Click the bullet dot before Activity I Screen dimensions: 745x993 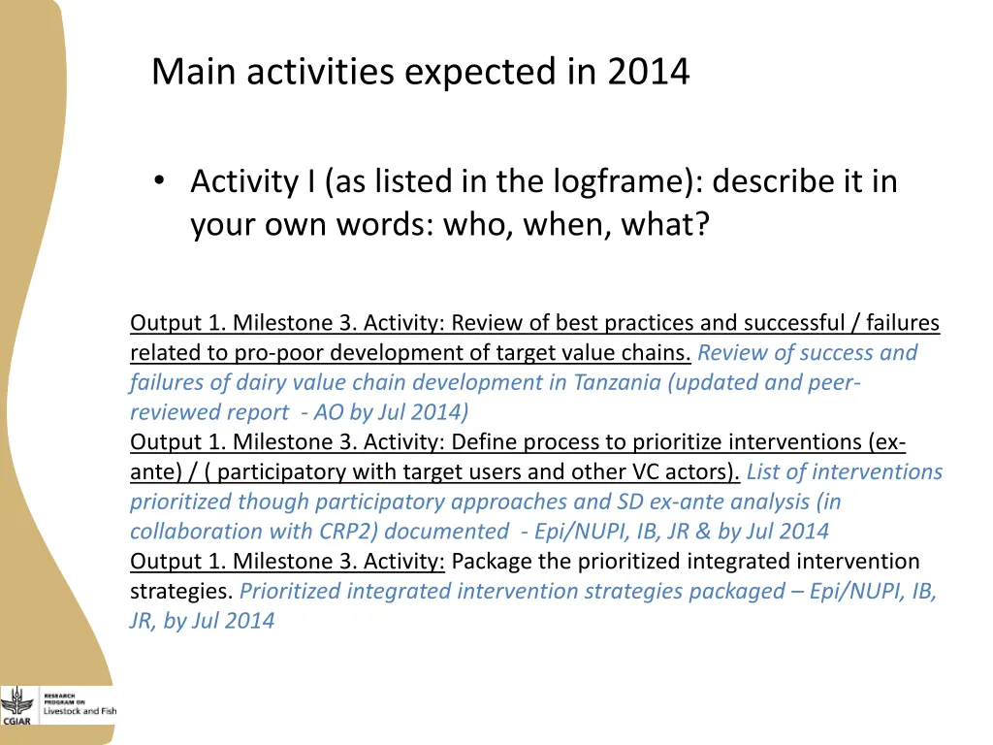pos(160,181)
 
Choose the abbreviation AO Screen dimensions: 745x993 pos(329,412)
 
